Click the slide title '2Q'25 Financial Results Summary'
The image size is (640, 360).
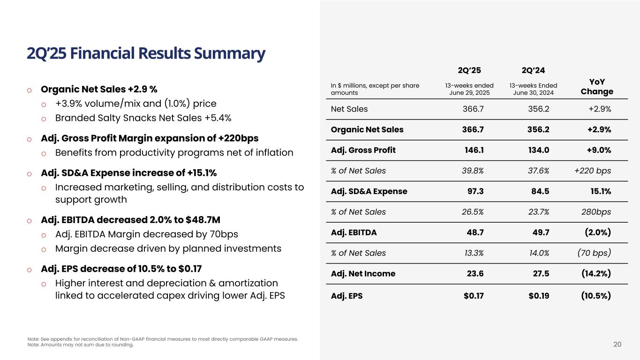click(x=146, y=53)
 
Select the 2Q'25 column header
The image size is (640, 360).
click(x=469, y=71)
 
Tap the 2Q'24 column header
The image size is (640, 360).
click(x=533, y=71)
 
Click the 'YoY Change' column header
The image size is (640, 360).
click(x=597, y=87)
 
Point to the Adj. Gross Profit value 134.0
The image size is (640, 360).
click(x=538, y=150)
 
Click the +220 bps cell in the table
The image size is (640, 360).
click(x=593, y=171)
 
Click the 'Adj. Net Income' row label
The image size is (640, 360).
click(x=363, y=274)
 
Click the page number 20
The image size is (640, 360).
click(x=617, y=345)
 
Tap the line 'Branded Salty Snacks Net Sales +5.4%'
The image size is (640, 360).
click(x=143, y=118)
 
